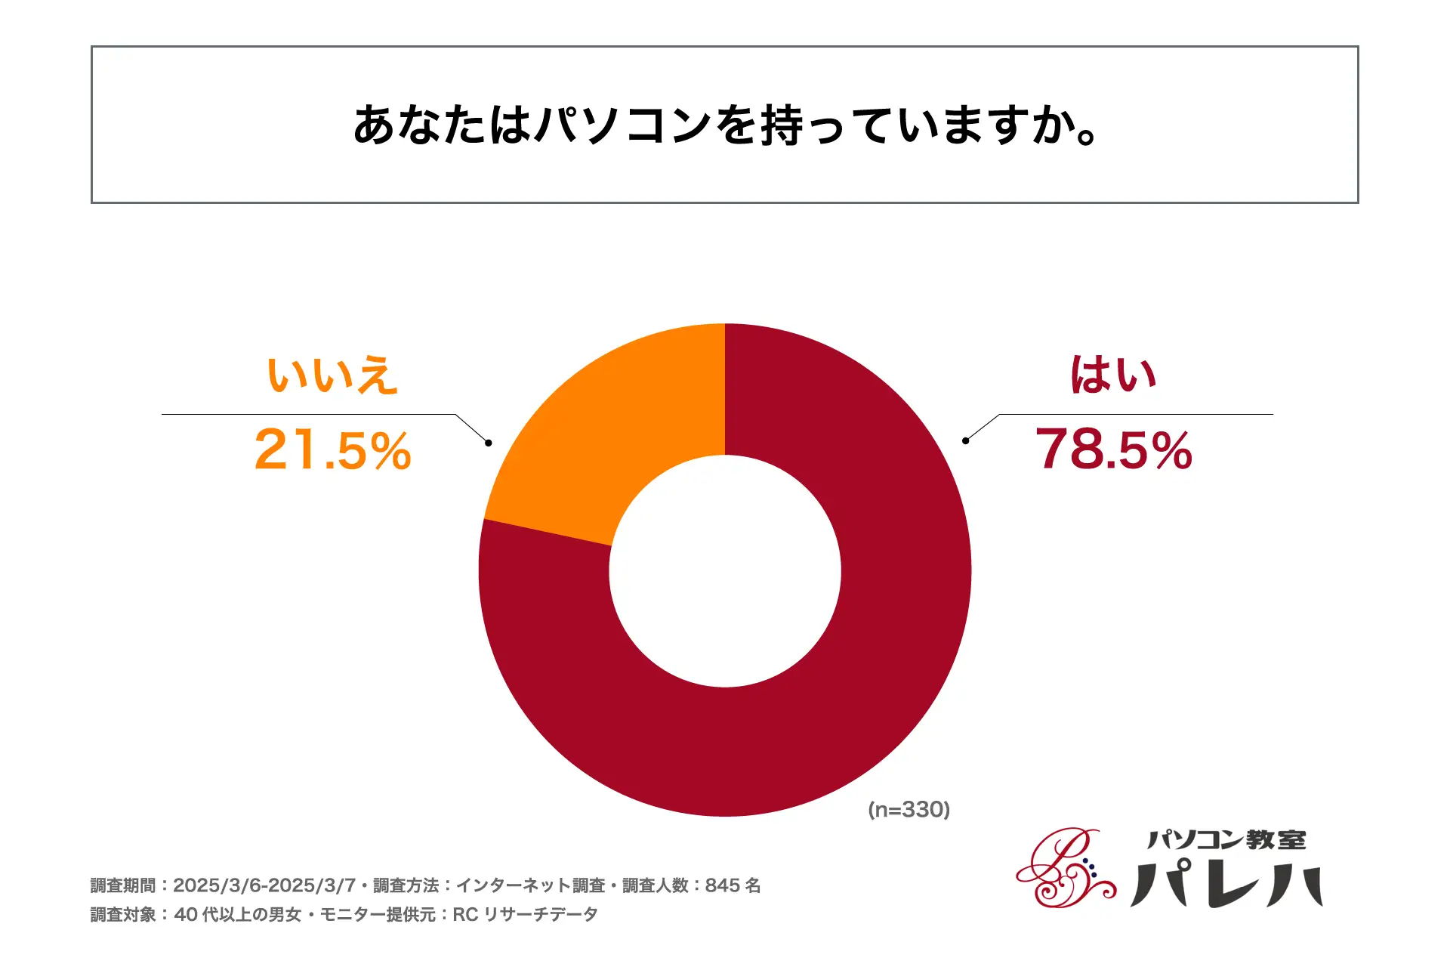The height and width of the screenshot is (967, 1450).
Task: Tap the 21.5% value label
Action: point(332,450)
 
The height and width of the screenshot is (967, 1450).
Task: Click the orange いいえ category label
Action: point(332,375)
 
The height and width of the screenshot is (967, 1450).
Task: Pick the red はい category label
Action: point(1113,375)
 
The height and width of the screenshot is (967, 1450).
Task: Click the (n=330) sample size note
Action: point(909,810)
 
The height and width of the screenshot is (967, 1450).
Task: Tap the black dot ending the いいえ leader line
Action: point(489,443)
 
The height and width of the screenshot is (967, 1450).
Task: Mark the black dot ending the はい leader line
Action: point(965,440)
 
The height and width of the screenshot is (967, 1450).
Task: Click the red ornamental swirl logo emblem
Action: point(1065,869)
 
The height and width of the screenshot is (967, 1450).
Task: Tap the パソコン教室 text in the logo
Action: point(1226,840)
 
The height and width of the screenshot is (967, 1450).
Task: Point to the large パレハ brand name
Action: point(1226,884)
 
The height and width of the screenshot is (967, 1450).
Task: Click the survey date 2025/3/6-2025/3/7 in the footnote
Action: point(264,885)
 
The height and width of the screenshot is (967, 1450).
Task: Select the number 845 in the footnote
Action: point(722,885)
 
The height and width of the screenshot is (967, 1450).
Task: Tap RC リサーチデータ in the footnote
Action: point(525,915)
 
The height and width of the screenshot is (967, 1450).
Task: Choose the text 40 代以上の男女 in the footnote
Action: point(238,915)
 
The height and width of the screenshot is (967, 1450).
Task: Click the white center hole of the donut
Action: point(725,571)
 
